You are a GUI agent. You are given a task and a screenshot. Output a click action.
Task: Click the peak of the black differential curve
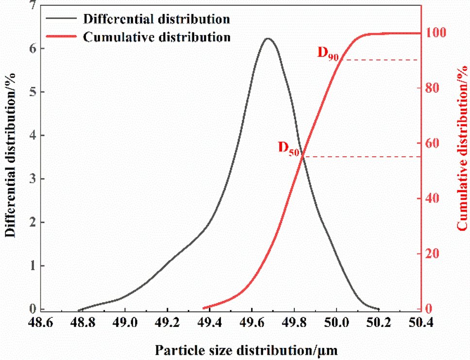point(267,38)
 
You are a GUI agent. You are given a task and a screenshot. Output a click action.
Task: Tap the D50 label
point(289,147)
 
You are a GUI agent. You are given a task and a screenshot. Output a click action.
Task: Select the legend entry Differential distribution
point(156,19)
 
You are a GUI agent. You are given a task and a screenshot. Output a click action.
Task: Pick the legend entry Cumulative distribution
point(157,37)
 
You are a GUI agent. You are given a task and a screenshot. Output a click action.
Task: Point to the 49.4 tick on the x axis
point(209,322)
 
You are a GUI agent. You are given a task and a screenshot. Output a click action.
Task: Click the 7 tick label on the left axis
point(33,5)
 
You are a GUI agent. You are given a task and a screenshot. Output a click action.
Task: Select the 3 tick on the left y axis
point(33,179)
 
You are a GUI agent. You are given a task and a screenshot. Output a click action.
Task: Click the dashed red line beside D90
point(379,60)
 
